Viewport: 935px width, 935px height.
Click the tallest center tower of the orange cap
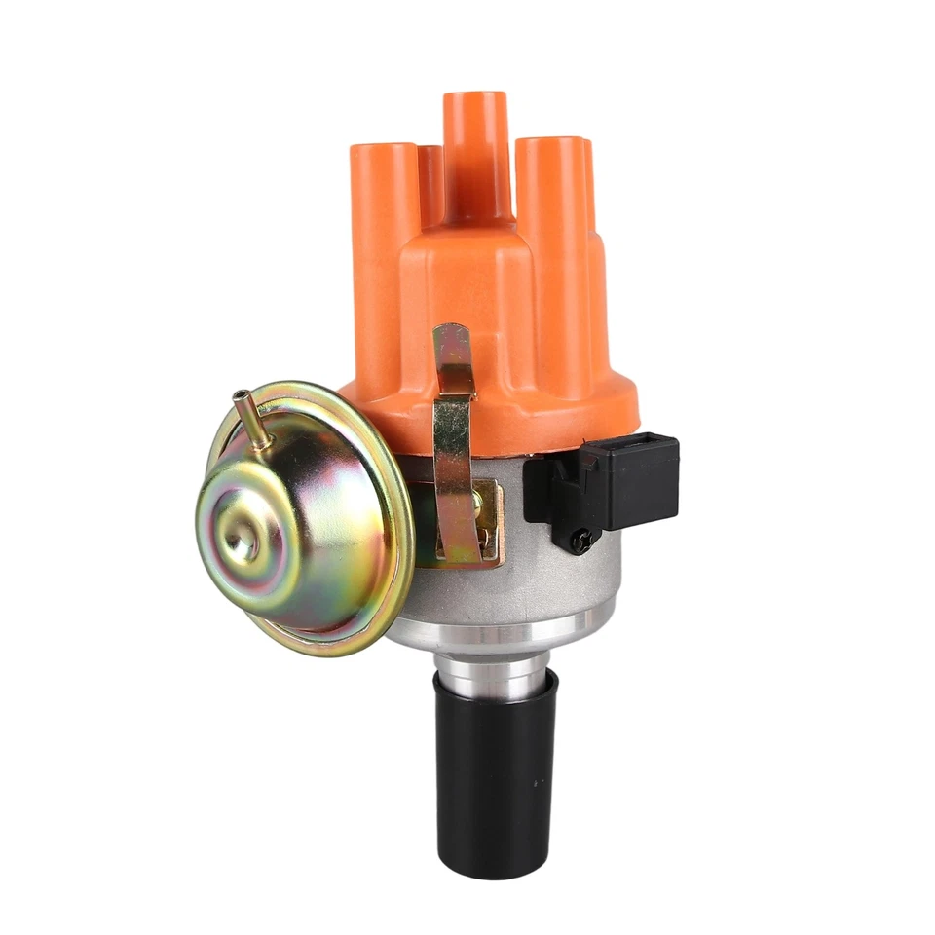click(x=477, y=146)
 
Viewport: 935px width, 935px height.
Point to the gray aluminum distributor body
click(x=545, y=584)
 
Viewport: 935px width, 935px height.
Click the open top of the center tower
click(x=477, y=97)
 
